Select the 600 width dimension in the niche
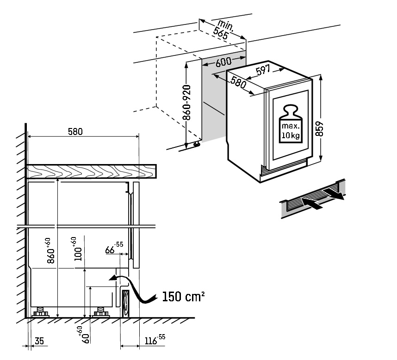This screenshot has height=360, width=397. click(x=223, y=61)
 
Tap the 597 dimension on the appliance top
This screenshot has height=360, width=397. click(x=263, y=70)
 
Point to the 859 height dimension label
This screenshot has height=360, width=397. click(x=320, y=128)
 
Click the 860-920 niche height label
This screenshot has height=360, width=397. click(x=187, y=103)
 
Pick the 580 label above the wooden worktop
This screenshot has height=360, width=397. click(x=75, y=131)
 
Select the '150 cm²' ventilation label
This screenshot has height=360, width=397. click(x=183, y=296)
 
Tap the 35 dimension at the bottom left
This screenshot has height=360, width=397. click(x=39, y=341)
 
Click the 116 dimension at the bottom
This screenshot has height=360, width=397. click(x=155, y=340)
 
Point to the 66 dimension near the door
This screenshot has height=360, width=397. click(x=114, y=248)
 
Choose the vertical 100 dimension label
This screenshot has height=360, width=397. click(x=77, y=249)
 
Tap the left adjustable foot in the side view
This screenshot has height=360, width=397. click(x=41, y=312)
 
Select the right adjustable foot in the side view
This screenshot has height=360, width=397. click(x=101, y=312)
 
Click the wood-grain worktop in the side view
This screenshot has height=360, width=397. click(x=92, y=171)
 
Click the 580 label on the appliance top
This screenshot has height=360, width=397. click(x=238, y=82)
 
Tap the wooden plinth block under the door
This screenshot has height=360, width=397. click(x=125, y=303)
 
